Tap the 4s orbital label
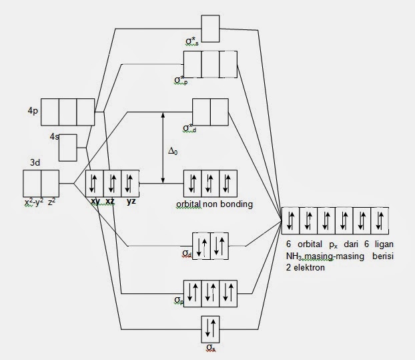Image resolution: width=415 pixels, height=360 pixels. tap(54, 136)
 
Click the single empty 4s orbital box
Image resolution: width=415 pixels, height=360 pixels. tap(69, 148)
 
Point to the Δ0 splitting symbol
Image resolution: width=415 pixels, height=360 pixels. tap(173, 152)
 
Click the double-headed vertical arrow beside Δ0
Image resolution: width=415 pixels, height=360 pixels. tap(162, 147)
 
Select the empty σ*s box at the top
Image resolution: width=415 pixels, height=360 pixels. tap(210, 28)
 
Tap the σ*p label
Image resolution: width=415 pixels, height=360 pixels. tap(179, 81)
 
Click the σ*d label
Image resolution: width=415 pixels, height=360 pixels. tap(190, 128)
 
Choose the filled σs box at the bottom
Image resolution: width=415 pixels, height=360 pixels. tap(210, 328)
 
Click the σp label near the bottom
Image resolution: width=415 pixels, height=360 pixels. tap(178, 301)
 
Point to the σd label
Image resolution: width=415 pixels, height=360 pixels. tap(187, 254)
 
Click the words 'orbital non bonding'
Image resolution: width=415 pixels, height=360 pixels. tap(214, 204)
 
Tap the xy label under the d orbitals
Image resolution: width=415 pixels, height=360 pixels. tap(95, 201)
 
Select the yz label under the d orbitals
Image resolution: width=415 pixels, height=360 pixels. tap(131, 201)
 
